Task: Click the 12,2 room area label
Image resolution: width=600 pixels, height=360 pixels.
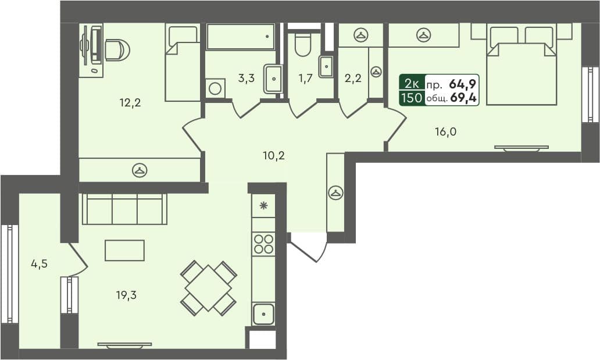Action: pos(130,104)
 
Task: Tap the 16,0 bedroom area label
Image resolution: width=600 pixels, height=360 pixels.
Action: pos(446,132)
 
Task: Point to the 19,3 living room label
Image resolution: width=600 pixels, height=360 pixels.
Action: pos(126,295)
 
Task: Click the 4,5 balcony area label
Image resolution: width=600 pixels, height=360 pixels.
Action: pos(39,263)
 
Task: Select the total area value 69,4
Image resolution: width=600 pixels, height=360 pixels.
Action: pos(463,98)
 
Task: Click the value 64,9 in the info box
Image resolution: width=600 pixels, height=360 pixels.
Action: pos(463,83)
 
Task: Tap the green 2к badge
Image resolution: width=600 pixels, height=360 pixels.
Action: pos(412,83)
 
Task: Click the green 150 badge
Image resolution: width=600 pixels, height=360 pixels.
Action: pos(412,98)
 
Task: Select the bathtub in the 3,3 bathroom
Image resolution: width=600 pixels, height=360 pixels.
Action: pos(240,37)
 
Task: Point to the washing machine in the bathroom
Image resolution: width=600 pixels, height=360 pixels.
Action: pos(215,88)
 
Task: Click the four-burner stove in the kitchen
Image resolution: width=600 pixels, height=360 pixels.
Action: pos(263,243)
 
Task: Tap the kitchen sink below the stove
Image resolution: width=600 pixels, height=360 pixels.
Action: pos(263,314)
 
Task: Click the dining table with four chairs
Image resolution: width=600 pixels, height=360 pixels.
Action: pos(208,288)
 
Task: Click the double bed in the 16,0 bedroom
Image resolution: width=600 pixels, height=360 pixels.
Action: pos(522,65)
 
